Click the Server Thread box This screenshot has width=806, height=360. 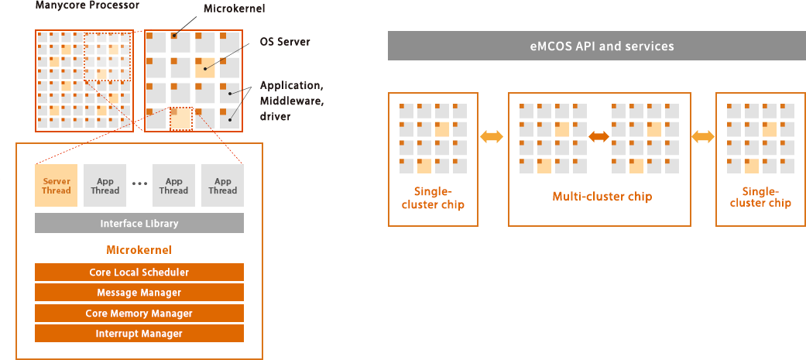pyautogui.click(x=56, y=185)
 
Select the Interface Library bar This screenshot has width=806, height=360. pyautogui.click(x=139, y=223)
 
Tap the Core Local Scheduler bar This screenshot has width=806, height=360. pyautogui.click(x=139, y=272)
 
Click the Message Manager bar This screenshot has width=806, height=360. pyautogui.click(x=139, y=293)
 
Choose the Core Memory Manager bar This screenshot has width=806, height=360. pyautogui.click(x=139, y=314)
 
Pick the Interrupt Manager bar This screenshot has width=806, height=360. pyautogui.click(x=139, y=333)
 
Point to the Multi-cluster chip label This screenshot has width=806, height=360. pyautogui.click(x=602, y=197)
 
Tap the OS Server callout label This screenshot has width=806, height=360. pyautogui.click(x=285, y=42)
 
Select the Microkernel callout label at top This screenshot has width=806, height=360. pyautogui.click(x=235, y=9)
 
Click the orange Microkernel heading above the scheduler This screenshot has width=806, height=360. pyautogui.click(x=139, y=250)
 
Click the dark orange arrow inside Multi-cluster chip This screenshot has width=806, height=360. pyautogui.click(x=598, y=136)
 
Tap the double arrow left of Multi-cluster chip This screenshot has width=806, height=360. pyautogui.click(x=492, y=136)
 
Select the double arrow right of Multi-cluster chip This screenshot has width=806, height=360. pyautogui.click(x=703, y=136)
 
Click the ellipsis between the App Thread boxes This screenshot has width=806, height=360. pyautogui.click(x=140, y=183)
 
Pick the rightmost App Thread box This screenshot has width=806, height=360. pyautogui.click(x=222, y=185)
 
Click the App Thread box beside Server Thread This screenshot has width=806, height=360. pyautogui.click(x=105, y=185)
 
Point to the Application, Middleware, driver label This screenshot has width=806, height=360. pyautogui.click(x=291, y=101)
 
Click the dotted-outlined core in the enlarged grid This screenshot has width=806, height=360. pyautogui.click(x=181, y=118)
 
